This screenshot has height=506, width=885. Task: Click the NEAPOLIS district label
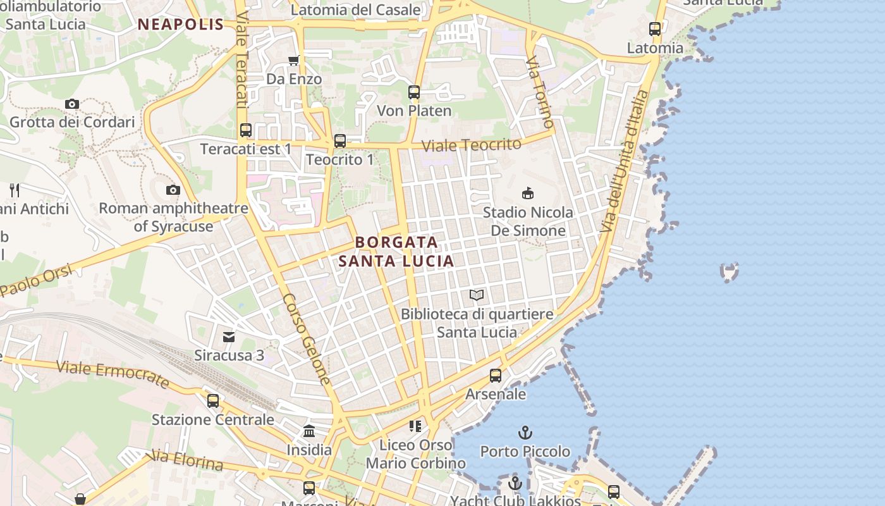tap(181, 25)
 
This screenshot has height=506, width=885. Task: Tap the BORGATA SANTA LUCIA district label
tap(396, 251)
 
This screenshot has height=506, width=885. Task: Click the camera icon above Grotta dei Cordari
tap(72, 104)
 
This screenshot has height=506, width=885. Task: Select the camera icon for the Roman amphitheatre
tap(173, 190)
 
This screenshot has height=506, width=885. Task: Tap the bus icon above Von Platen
tap(414, 92)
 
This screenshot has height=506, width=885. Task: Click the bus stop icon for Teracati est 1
tap(246, 130)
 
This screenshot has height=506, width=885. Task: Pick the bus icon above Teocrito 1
tap(340, 141)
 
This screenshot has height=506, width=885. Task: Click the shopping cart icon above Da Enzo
tap(293, 61)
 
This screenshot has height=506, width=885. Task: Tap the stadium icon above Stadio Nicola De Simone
tap(527, 193)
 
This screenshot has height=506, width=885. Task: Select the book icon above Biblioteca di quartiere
tap(477, 295)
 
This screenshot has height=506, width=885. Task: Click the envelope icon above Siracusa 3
tap(229, 337)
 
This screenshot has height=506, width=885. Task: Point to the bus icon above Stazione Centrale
tap(213, 400)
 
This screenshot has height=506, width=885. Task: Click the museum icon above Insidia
tap(309, 431)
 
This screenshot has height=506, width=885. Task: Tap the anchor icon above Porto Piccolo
tap(525, 433)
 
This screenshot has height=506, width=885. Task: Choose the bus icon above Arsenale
tap(496, 376)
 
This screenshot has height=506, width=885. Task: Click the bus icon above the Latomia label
tap(655, 29)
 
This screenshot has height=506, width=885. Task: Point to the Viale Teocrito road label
tap(472, 145)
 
